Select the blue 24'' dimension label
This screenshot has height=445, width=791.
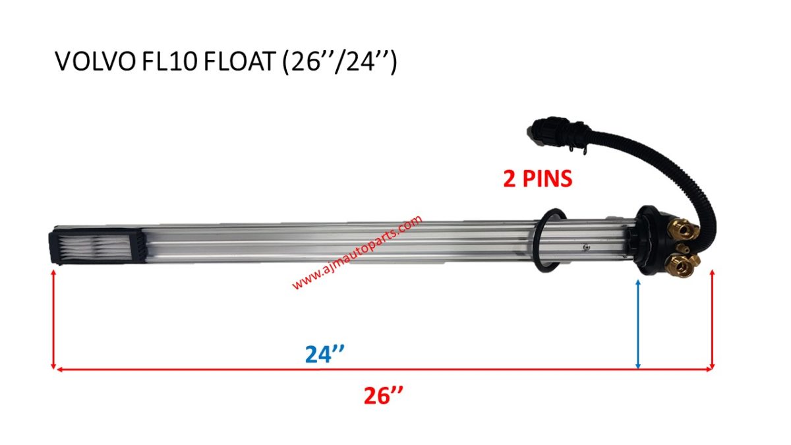click(x=326, y=355)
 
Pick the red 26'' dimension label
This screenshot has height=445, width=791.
click(x=384, y=396)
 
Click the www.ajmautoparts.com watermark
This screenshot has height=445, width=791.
click(x=356, y=252)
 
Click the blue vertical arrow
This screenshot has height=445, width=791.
click(x=638, y=323)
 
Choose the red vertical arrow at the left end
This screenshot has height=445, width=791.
click(x=53, y=320)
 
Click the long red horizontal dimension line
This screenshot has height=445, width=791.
click(x=382, y=369)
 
